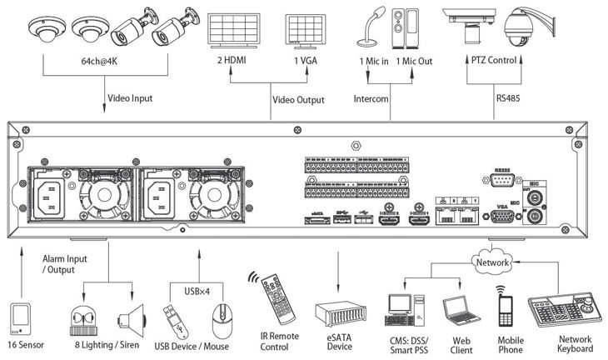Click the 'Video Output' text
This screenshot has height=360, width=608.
click(297, 100)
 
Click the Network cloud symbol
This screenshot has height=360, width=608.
click(491, 262)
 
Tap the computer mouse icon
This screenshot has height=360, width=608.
click(220, 317)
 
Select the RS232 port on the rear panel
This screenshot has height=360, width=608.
click(502, 178)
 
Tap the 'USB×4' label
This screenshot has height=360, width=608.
click(196, 291)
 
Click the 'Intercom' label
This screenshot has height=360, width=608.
click(372, 99)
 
